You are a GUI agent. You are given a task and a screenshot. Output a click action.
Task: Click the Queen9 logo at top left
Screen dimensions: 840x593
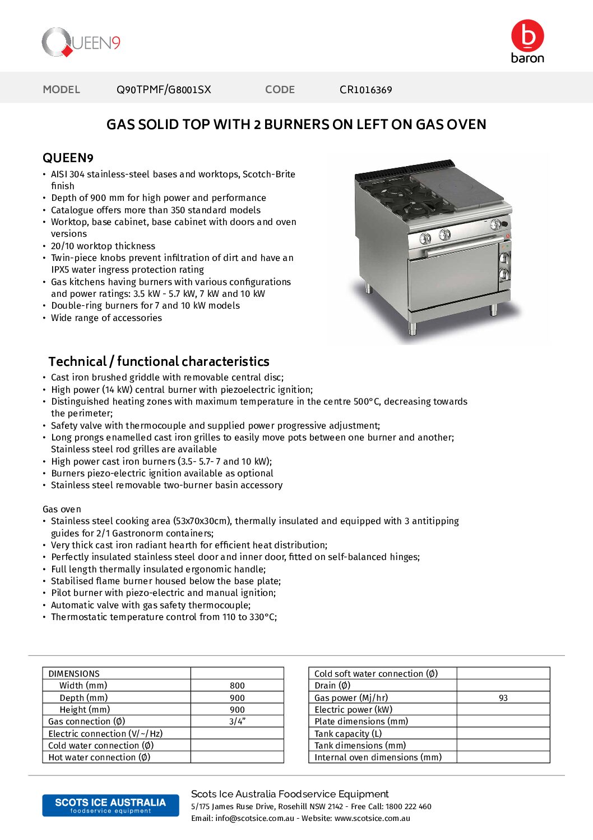81,43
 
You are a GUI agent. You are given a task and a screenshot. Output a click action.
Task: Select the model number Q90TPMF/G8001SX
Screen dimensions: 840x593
164,90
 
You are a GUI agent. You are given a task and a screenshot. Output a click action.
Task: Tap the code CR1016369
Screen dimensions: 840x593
365,90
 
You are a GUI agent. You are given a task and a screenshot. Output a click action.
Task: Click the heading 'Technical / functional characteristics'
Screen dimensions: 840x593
159,361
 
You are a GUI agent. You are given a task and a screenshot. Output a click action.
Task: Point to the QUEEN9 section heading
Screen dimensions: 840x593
68,158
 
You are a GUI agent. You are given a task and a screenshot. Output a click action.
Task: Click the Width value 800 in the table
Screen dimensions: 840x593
237,686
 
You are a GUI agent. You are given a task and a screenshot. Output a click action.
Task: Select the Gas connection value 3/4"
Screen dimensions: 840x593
237,722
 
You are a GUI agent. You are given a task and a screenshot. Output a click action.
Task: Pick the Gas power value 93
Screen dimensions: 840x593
503,698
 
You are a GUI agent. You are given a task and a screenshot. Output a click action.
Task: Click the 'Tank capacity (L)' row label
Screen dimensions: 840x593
348,734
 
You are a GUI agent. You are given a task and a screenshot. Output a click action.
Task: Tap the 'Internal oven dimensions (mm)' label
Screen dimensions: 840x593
378,758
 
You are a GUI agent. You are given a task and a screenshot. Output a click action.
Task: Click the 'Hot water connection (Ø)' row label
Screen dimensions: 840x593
99,758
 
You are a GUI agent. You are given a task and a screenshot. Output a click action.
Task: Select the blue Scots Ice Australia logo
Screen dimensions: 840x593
110,805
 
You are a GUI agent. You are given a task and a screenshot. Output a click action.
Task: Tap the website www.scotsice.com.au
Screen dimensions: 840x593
372,819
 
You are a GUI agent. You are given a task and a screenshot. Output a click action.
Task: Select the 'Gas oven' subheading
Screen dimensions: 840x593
62,509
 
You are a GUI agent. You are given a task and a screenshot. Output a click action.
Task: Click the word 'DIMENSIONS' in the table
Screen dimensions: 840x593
74,674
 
